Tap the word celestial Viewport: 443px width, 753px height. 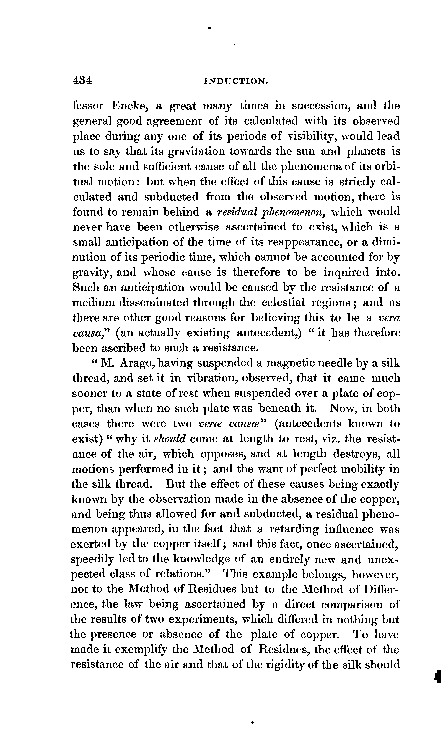click(x=283, y=303)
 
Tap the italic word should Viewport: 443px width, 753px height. click(x=170, y=439)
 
